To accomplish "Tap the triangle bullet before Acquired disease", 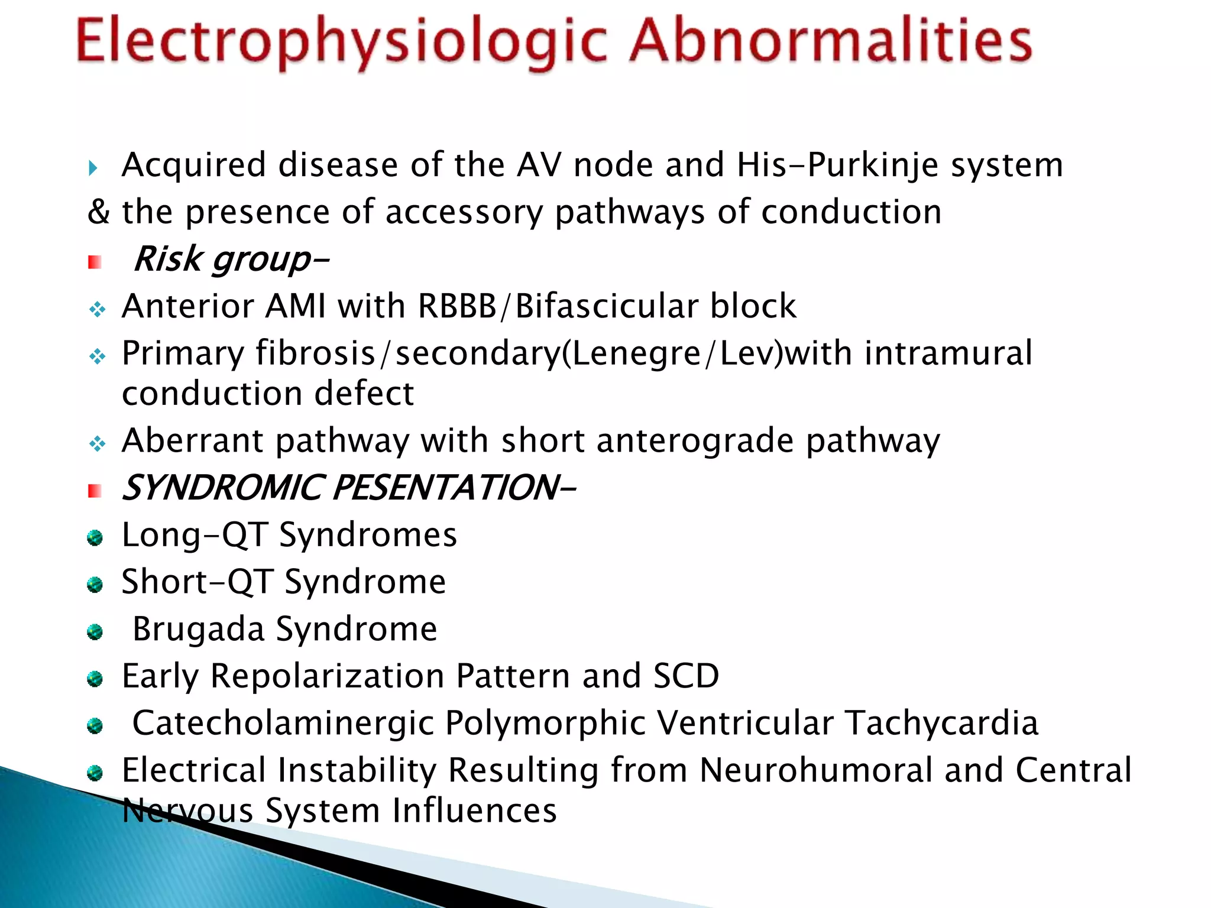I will click(93, 168).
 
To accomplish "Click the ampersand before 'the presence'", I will click(98, 212).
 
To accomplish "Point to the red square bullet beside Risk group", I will click(95, 262).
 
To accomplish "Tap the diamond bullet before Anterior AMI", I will click(98, 309).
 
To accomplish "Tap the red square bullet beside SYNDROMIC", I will click(95, 491).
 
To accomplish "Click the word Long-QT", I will click(195, 535).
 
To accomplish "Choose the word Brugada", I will click(198, 629).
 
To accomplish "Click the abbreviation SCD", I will click(686, 676).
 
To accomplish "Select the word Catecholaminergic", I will click(283, 723).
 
